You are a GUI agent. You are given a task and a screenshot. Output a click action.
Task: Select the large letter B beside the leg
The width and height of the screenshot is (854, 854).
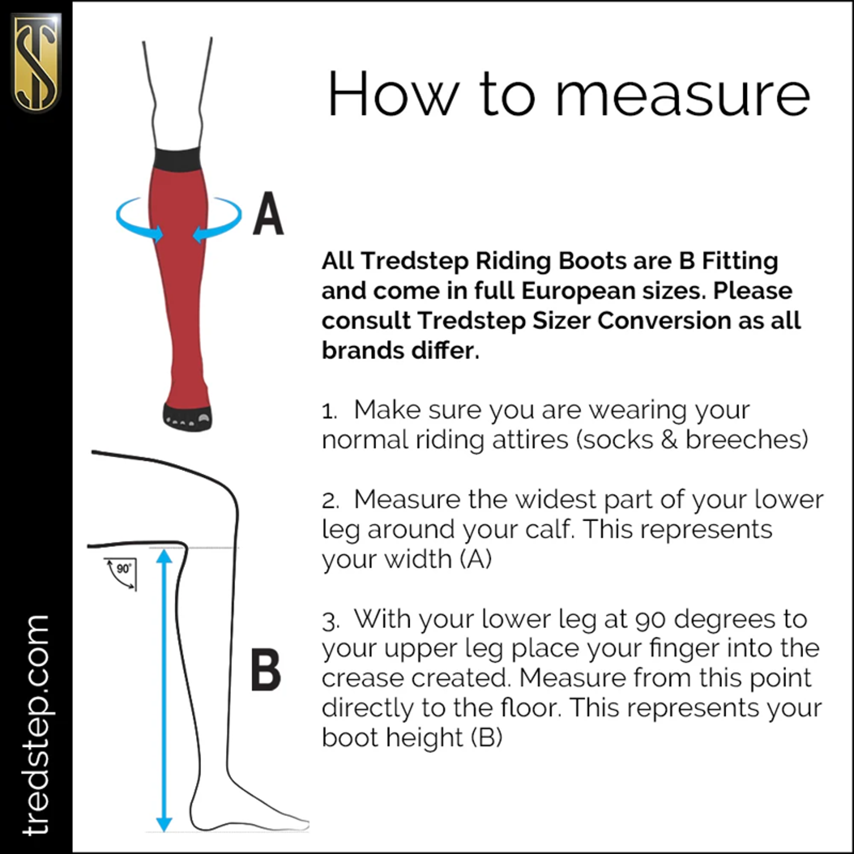coord(266,669)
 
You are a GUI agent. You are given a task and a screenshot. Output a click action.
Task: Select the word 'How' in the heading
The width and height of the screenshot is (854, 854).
coord(393,93)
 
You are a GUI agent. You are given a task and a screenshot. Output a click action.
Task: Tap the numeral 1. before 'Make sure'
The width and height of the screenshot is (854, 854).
coord(330,411)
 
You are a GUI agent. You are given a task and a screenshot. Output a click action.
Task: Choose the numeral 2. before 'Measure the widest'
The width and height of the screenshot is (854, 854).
coord(330,501)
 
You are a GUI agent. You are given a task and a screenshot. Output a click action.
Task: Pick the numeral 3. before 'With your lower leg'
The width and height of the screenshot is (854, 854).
coord(330,621)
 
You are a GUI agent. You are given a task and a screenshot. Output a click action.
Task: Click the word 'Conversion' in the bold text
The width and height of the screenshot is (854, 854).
coord(664,321)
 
